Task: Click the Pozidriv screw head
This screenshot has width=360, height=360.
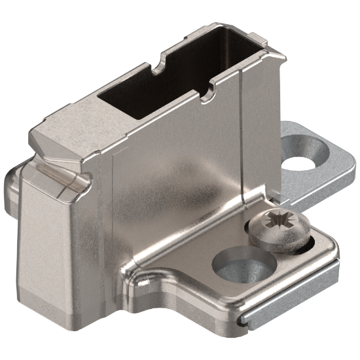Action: point(279,231)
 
